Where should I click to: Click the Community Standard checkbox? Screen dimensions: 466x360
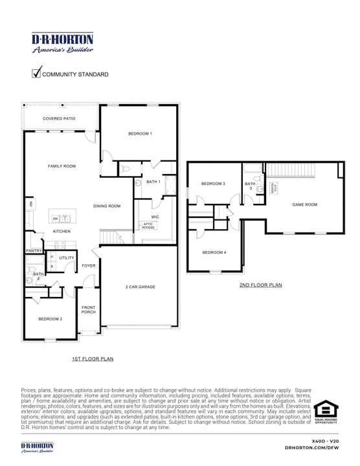(x=36, y=73)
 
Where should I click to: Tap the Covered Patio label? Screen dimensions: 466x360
(x=59, y=119)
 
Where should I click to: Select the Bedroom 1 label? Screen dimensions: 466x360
(x=140, y=133)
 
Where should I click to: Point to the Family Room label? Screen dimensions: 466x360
(x=62, y=166)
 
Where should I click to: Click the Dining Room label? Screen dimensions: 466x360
(x=107, y=206)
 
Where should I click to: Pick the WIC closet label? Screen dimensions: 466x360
(x=155, y=216)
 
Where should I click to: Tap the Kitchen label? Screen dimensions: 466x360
(x=62, y=231)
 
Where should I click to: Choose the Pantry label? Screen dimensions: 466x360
(x=34, y=250)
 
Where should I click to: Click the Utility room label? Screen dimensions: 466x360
(x=67, y=258)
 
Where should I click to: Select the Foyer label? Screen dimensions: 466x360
(x=89, y=265)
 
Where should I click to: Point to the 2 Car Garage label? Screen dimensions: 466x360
(x=141, y=287)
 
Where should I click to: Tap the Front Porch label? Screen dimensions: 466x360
(x=89, y=309)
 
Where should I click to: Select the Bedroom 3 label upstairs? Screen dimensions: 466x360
(x=213, y=184)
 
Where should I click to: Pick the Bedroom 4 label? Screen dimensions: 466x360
(x=214, y=252)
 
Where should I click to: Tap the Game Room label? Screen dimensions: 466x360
(x=305, y=205)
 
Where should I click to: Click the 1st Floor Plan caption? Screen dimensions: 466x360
(x=93, y=358)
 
